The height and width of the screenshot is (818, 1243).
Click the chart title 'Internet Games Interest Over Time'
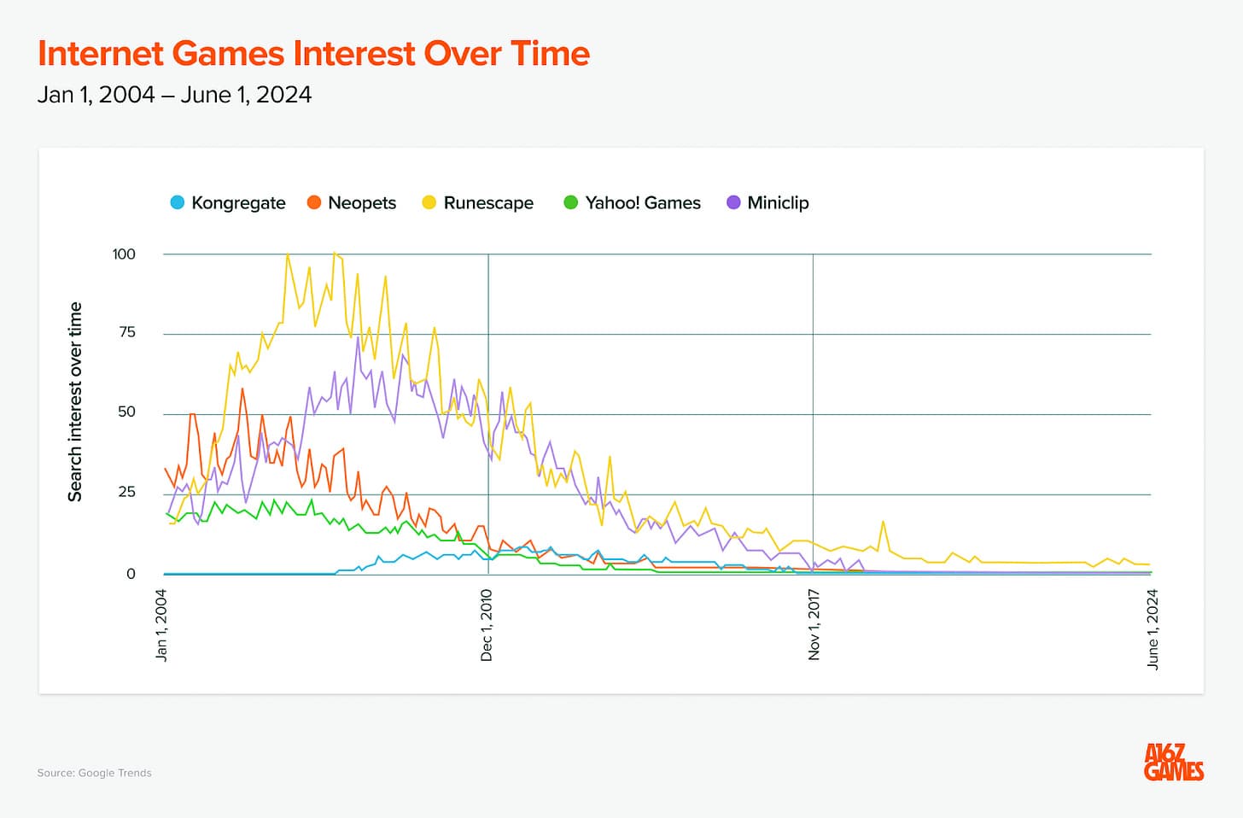tap(313, 54)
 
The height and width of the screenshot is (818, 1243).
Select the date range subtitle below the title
tap(174, 95)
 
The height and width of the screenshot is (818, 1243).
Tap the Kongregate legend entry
tap(228, 203)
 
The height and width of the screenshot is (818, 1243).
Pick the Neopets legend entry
tap(352, 203)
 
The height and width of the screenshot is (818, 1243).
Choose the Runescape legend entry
tap(478, 203)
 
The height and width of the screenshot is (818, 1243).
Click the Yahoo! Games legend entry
tap(633, 203)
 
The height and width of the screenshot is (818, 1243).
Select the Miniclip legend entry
tap(768, 203)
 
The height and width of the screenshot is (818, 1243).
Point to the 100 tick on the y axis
tap(124, 254)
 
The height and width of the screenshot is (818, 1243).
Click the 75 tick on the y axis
tap(127, 332)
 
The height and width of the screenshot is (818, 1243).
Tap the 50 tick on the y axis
tap(126, 412)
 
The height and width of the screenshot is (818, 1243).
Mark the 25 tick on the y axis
tap(126, 492)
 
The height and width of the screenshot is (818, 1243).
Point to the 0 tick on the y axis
tap(131, 574)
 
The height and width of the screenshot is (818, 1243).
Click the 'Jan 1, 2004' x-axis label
tap(161, 625)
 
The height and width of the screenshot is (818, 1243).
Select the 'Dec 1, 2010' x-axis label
tap(487, 625)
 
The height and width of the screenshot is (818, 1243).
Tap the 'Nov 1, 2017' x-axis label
tap(814, 625)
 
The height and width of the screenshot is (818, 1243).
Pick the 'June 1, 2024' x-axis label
tap(1153, 628)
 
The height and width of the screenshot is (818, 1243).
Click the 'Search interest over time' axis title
tap(75, 401)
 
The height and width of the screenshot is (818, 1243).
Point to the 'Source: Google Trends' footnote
tap(94, 773)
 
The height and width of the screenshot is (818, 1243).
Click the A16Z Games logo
tap(1174, 762)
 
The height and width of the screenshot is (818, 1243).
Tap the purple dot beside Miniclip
tap(733, 203)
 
